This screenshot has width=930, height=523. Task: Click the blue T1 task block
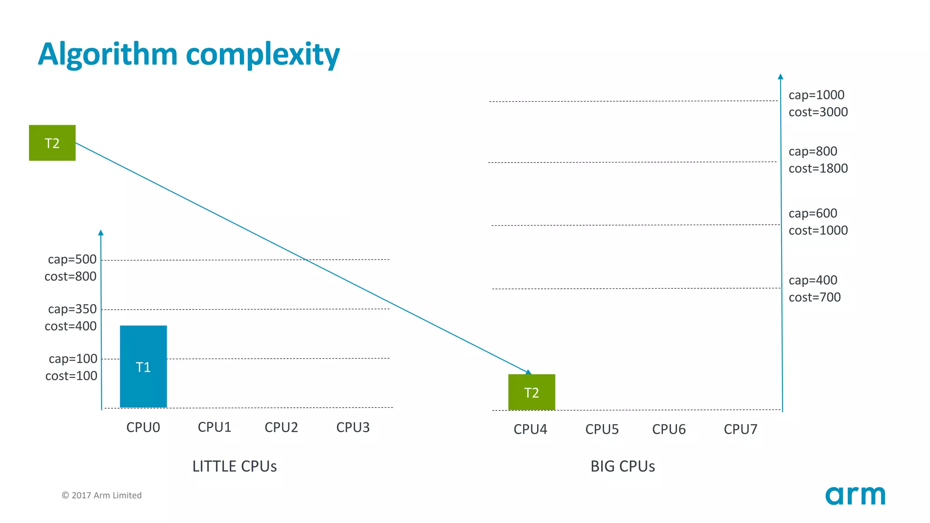143,366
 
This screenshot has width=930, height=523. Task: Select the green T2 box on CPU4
531,392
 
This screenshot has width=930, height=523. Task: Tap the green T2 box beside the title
52,143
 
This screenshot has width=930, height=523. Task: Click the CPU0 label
143,427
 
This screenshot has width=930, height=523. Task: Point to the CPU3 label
353,427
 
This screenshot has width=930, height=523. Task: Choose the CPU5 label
602,429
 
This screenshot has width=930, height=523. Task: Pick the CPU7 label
740,429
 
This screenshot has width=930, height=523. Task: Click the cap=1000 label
816,95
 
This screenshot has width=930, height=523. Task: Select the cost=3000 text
818,112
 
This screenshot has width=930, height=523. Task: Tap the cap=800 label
812,151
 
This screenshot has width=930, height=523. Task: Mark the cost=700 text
814,297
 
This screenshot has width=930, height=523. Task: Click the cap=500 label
72,259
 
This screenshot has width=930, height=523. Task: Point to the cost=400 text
70,326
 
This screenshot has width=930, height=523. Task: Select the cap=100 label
73,359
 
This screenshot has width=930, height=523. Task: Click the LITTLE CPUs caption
234,466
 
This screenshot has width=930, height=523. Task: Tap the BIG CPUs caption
623,466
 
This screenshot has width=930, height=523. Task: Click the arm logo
855,495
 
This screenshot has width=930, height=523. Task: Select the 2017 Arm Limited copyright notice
102,495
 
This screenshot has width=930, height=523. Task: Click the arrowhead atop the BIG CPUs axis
780,76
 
